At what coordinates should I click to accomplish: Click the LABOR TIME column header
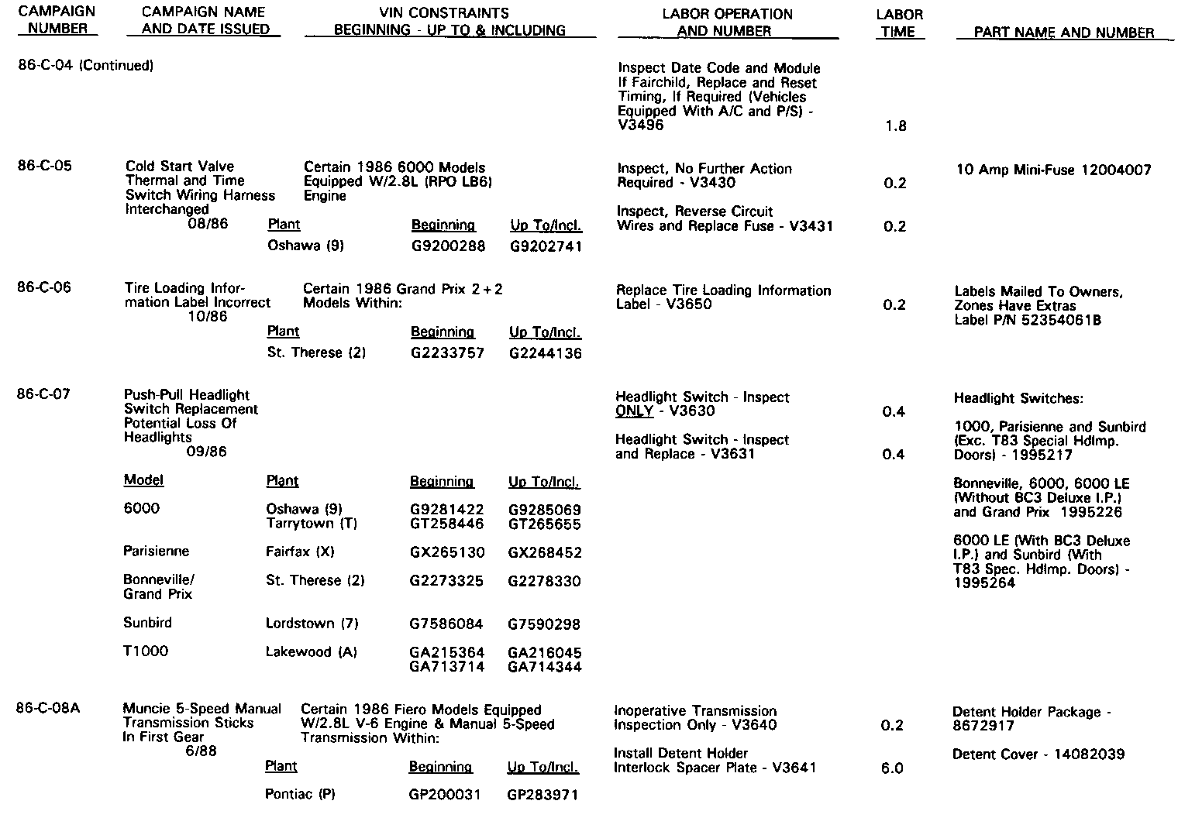tap(899, 23)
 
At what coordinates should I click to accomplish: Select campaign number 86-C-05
tap(44, 166)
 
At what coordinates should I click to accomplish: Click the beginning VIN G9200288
tap(448, 246)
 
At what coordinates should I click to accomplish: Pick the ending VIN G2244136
tap(546, 353)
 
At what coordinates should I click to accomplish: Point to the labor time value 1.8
tap(895, 126)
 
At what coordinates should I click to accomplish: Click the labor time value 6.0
tap(892, 768)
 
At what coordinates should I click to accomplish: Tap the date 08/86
tap(208, 224)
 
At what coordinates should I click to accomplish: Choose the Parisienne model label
tap(156, 552)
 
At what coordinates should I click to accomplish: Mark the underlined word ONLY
tap(634, 411)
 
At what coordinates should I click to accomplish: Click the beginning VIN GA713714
tap(447, 667)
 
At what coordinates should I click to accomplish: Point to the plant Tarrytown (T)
tap(312, 524)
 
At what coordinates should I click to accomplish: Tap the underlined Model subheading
tap(143, 480)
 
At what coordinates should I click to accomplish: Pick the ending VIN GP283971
tap(542, 795)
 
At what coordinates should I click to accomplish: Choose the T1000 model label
tap(146, 651)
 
